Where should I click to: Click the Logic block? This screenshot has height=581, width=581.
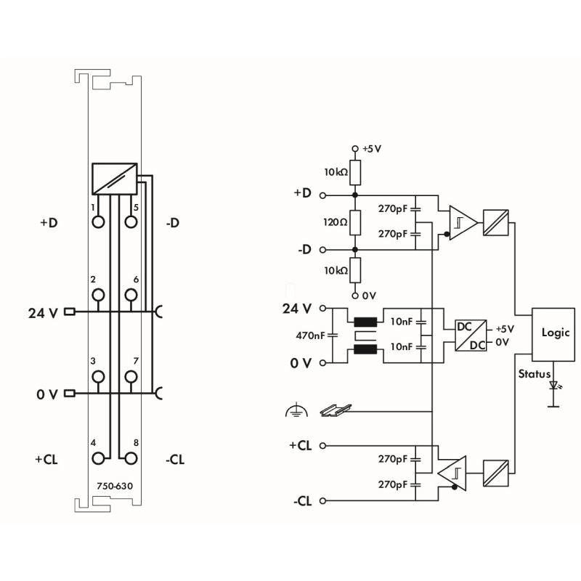553,334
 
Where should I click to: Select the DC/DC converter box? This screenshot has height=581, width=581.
471,336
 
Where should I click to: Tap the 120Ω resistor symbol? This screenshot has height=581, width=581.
355,222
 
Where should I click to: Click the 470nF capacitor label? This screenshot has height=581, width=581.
310,336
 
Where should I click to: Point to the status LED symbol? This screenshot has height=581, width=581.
554,386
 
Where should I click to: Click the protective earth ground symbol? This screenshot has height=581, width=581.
296,410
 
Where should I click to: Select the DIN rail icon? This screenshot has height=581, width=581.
336,410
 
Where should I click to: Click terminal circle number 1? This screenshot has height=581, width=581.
98,222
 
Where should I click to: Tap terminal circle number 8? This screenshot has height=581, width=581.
131,458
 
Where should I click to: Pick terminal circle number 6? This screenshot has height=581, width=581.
131,295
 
